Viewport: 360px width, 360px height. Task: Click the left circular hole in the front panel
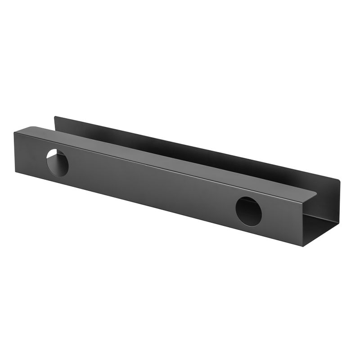[x=58, y=162]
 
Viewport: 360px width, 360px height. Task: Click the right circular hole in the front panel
[x=248, y=211]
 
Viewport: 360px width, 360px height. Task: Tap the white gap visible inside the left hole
[x=53, y=157]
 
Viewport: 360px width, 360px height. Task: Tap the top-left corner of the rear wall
[x=55, y=117]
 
